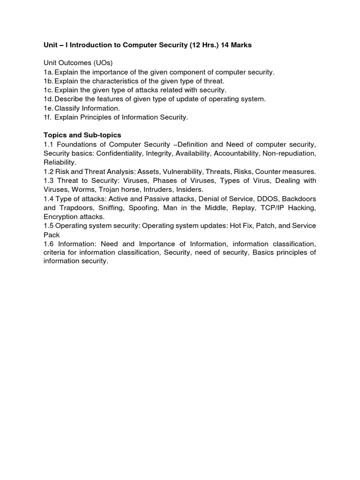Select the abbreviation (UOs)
point(101,63)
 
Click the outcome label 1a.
point(48,72)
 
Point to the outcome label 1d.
point(48,99)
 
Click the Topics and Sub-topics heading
point(82,135)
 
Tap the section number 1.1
point(49,144)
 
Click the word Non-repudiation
point(290,153)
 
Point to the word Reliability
point(59,162)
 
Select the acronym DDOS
point(265,198)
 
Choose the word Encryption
point(61,217)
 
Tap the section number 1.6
point(49,244)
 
